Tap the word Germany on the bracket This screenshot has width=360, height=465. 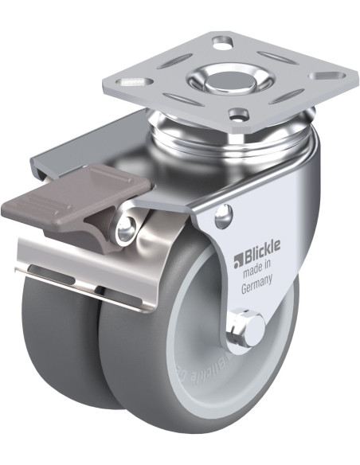257,290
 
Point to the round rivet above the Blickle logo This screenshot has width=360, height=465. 225,213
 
